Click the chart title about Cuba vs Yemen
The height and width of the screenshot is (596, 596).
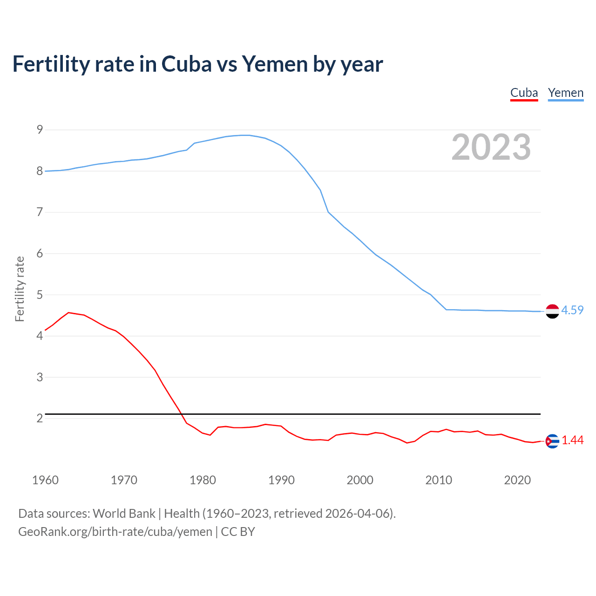click(197, 64)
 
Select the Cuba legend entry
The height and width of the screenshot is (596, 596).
click(524, 93)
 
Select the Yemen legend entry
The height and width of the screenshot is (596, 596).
click(565, 93)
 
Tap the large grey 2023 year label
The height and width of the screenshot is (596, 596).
click(491, 147)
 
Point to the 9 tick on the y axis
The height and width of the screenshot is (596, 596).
click(40, 130)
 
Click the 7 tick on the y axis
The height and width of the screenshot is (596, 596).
click(40, 212)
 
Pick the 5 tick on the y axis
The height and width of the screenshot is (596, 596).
click(40, 295)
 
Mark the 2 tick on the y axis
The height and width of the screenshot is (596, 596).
click(40, 418)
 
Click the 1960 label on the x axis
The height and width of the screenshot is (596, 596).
click(45, 480)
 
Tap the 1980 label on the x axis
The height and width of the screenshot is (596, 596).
click(203, 480)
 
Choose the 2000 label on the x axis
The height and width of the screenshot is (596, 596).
click(360, 480)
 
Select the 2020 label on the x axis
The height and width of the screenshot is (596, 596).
click(517, 480)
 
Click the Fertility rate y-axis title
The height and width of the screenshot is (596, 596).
click(20, 289)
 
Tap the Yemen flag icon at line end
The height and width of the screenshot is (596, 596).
click(552, 311)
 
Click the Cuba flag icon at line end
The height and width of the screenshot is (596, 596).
click(552, 441)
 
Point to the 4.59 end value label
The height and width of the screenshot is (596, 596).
click(572, 311)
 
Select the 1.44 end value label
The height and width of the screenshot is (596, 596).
click(572, 440)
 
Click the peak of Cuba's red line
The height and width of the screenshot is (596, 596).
click(69, 312)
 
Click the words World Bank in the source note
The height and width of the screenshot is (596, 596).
click(124, 514)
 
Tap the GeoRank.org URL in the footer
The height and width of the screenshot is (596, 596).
click(115, 532)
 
